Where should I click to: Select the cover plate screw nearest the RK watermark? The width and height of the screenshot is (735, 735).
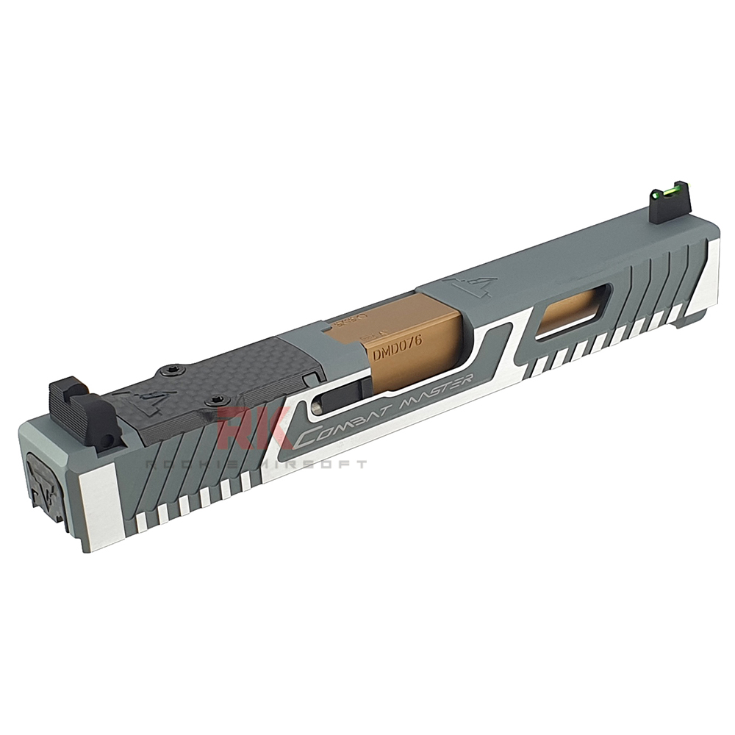pyautogui.click(x=215, y=399)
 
